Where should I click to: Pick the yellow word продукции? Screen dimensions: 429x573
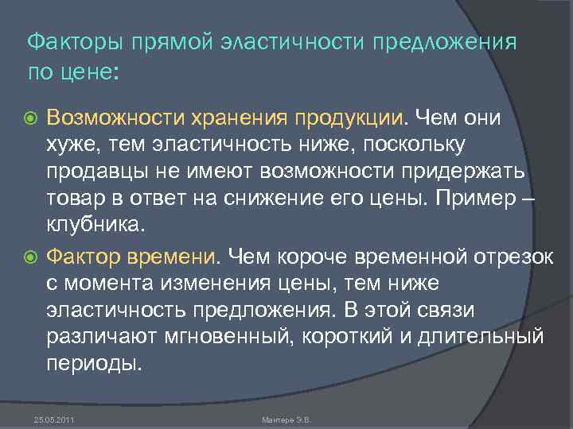(x=349, y=118)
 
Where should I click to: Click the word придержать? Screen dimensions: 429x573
(x=470, y=171)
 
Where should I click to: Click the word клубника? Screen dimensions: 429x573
(x=95, y=225)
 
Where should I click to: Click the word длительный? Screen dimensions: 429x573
(x=488, y=338)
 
